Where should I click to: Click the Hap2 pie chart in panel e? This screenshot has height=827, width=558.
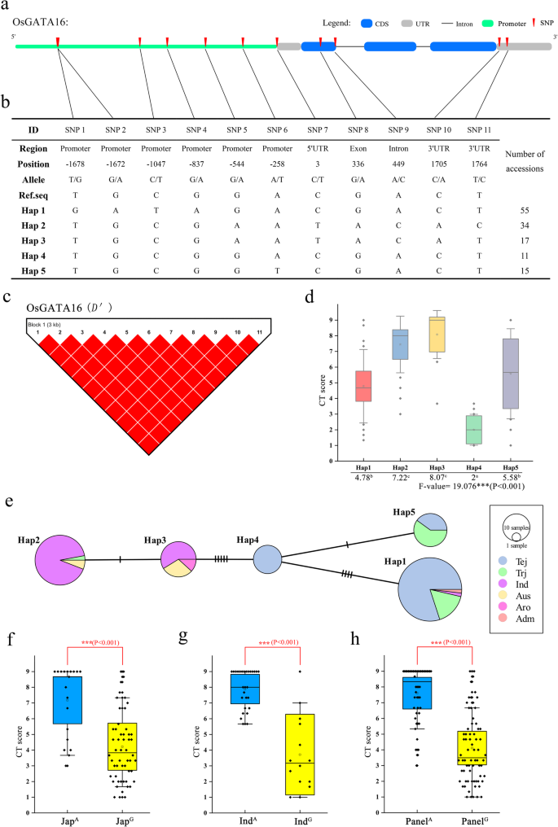tap(59, 559)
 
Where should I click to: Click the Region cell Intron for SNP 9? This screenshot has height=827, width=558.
tap(398, 149)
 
